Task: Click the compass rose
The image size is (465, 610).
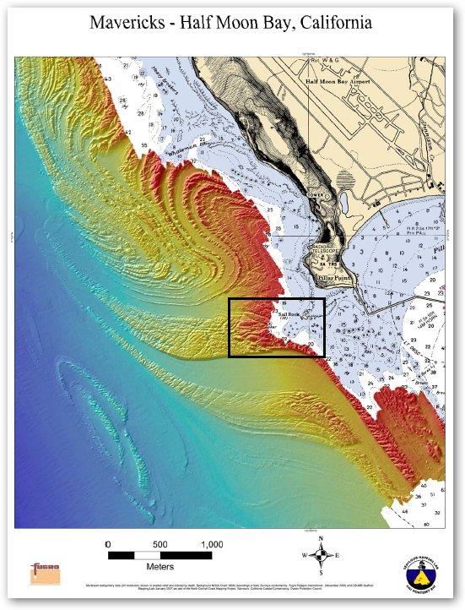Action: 321,556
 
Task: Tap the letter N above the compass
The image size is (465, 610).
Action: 321,538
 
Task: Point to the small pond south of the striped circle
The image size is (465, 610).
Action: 344,202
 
